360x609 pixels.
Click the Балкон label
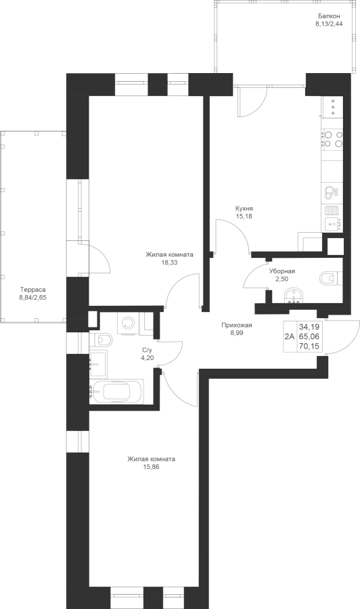[x=329, y=16]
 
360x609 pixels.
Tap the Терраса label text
[x=32, y=290]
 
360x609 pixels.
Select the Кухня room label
[x=244, y=208]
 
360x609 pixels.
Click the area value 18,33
[x=169, y=262]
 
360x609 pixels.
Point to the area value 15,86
[x=151, y=466]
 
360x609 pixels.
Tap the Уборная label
[x=282, y=271]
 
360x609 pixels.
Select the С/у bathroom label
[x=148, y=350]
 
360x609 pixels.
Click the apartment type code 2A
[x=290, y=336]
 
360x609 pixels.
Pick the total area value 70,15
[x=309, y=346]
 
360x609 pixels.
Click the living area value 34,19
[x=309, y=327]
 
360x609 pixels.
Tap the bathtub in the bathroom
[x=116, y=392]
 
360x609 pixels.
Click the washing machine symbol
[x=127, y=323]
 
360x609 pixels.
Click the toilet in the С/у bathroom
[x=101, y=340]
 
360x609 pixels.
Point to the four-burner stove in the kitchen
[x=333, y=139]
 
